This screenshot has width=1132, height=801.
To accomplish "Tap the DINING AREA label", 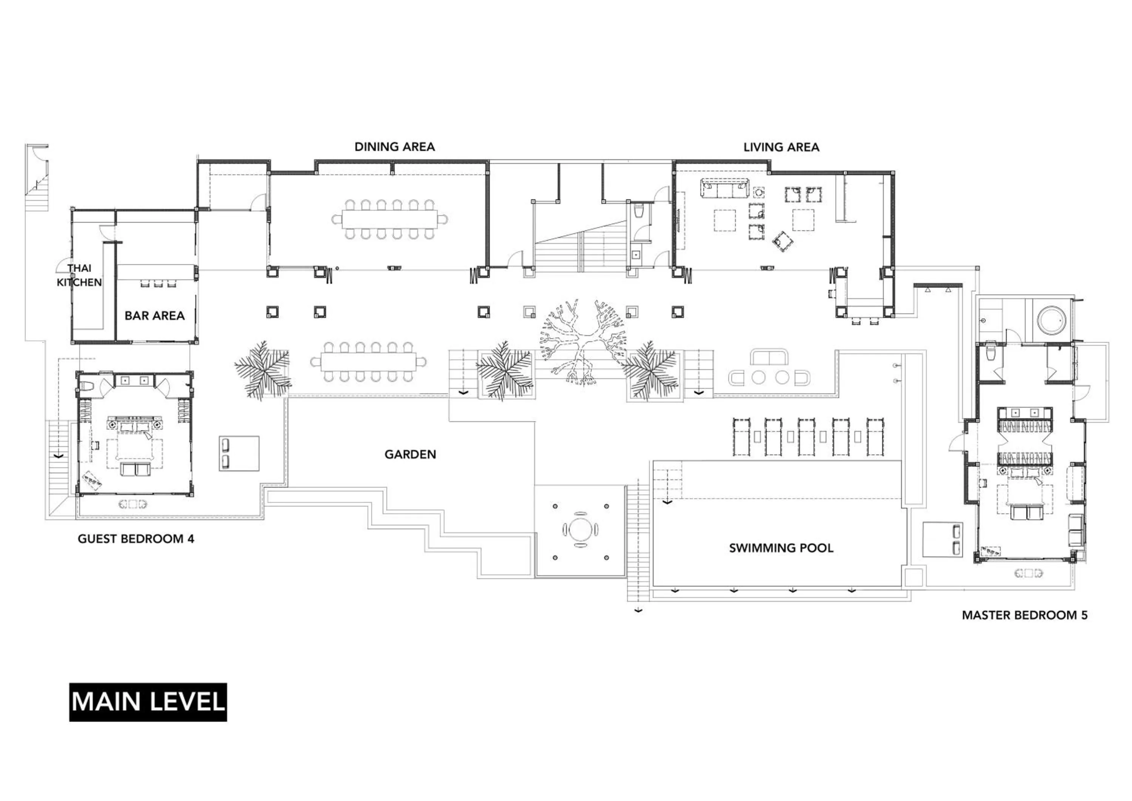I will tap(394, 147).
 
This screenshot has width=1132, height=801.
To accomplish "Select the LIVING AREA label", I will tap(781, 147).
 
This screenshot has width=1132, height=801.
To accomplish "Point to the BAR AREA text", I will tap(154, 316).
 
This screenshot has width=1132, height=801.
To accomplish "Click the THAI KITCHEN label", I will tap(79, 275).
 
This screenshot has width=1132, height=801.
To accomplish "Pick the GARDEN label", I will tap(410, 454).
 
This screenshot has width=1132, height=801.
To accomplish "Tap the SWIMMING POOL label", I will tap(781, 548).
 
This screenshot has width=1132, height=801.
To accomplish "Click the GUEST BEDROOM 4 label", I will tap(135, 539).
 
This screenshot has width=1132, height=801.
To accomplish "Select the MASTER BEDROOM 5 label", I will tap(1024, 615).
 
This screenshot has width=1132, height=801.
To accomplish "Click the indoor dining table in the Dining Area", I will tap(389, 219).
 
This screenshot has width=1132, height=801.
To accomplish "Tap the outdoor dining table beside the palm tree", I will tap(368, 362).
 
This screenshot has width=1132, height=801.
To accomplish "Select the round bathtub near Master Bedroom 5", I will tap(1052, 320).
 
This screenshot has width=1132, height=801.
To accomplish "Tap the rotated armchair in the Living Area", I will tap(783, 241).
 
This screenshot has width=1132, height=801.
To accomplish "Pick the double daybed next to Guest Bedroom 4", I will tap(239, 453).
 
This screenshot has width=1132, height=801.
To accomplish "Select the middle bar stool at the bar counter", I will tap(157, 283).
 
